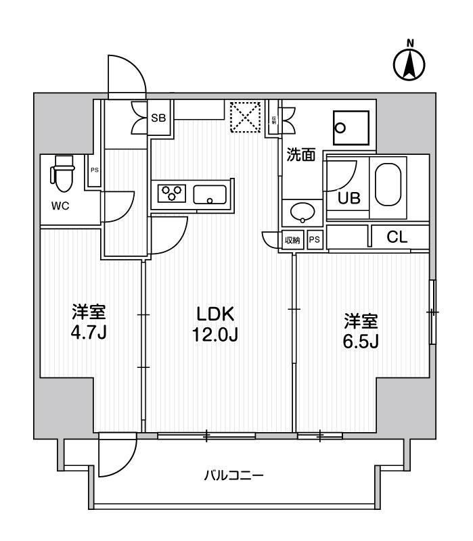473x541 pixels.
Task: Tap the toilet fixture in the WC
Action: (62, 174)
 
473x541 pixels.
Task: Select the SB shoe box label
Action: (158, 118)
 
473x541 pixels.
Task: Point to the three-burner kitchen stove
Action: (173, 193)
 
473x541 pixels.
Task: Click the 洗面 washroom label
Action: (300, 155)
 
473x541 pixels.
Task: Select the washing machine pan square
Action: (351, 126)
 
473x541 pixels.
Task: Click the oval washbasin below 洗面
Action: (302, 212)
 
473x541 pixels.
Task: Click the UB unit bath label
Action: (348, 197)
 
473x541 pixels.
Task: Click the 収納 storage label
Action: (292, 240)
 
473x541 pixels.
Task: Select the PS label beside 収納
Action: (314, 240)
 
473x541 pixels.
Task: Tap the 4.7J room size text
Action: (89, 333)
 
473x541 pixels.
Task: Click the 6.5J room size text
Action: (359, 340)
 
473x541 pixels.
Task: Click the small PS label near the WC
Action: (95, 170)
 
